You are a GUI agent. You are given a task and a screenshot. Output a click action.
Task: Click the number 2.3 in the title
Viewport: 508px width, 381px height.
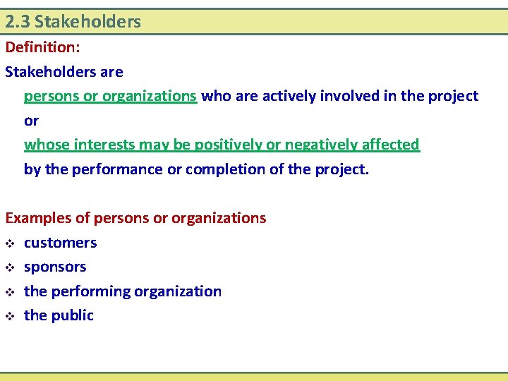pyautogui.click(x=17, y=22)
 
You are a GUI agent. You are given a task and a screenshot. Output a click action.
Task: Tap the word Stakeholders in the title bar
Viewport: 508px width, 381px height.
pyautogui.click(x=87, y=22)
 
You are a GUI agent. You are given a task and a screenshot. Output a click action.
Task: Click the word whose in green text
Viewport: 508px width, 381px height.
pyautogui.click(x=44, y=145)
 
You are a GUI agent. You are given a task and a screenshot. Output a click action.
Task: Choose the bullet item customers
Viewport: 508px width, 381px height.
pyautogui.click(x=61, y=243)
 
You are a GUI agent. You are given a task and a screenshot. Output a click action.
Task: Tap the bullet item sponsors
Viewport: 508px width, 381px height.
pyautogui.click(x=55, y=267)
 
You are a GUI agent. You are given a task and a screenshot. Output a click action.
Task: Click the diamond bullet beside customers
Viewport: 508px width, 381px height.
pyautogui.click(x=9, y=243)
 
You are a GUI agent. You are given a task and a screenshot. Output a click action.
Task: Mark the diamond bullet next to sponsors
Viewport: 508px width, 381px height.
pyautogui.click(x=9, y=267)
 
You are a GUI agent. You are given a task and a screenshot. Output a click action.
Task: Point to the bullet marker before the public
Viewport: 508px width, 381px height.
pyautogui.click(x=9, y=316)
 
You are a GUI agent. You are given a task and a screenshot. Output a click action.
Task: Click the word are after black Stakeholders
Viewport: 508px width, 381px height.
pyautogui.click(x=111, y=72)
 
